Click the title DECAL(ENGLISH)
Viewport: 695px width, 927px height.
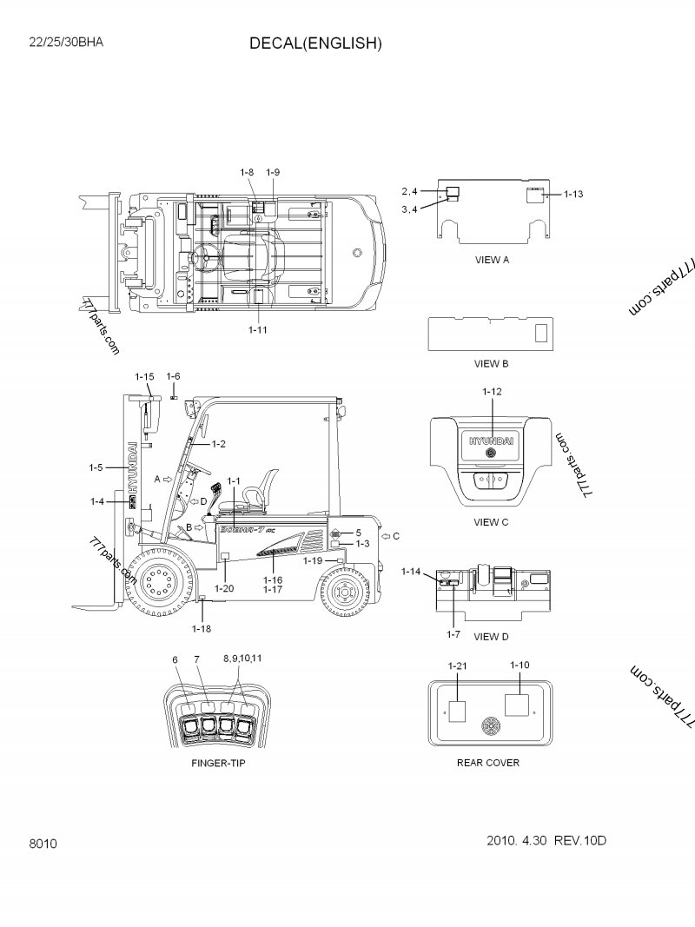[315, 43]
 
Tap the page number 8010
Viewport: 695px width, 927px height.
[43, 842]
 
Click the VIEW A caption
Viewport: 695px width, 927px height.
[492, 260]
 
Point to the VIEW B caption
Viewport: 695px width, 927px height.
[492, 363]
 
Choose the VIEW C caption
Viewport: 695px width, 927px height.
[492, 522]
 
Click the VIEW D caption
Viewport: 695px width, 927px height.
[492, 636]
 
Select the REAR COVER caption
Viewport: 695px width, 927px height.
[488, 763]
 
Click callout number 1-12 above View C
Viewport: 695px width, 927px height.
[492, 392]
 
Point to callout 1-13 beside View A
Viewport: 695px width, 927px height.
[573, 194]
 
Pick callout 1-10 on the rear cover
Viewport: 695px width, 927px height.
[520, 665]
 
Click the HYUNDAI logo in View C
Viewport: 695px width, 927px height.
[492, 440]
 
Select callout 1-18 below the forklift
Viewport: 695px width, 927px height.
[202, 628]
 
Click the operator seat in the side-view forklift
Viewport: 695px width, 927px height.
[257, 494]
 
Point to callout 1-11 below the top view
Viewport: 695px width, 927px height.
[258, 330]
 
